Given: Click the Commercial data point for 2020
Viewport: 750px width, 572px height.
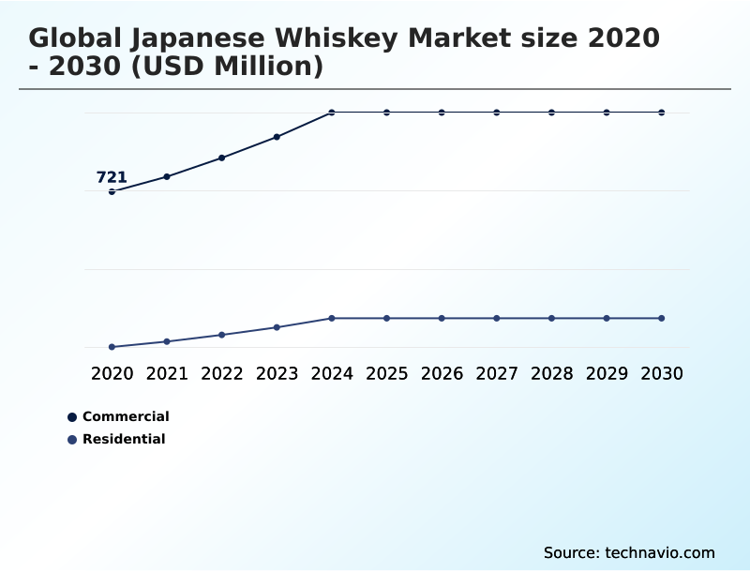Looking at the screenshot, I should click(x=112, y=191).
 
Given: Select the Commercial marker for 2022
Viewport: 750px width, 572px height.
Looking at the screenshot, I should click(x=222, y=158).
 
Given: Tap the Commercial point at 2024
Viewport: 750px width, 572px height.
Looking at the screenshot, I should click(x=332, y=113).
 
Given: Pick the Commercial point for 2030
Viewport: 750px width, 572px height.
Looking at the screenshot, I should click(x=662, y=113).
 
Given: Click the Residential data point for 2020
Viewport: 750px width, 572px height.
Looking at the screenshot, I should click(x=112, y=347).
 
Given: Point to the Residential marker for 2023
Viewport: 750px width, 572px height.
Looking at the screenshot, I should click(x=277, y=327).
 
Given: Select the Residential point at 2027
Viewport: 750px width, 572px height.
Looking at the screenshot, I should click(x=497, y=318).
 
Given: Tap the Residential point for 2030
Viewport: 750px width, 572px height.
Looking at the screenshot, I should click(x=662, y=318).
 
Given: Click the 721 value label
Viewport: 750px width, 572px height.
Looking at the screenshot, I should click(x=112, y=177).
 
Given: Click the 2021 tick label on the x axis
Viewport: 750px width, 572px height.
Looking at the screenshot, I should click(x=167, y=373).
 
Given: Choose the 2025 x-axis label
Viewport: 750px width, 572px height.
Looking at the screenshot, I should click(x=386, y=373).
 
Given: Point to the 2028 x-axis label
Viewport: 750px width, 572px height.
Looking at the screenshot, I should click(x=551, y=373).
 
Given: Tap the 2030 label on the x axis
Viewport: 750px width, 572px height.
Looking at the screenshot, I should click(x=662, y=373).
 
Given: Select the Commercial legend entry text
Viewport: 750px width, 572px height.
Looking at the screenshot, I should click(x=126, y=416).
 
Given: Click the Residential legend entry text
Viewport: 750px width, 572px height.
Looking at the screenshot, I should click(x=124, y=439).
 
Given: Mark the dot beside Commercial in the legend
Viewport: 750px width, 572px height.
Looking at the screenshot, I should click(x=72, y=417).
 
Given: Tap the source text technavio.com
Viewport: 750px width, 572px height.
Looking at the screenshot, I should click(x=660, y=552).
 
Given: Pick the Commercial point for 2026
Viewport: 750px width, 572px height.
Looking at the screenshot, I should click(x=442, y=113).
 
